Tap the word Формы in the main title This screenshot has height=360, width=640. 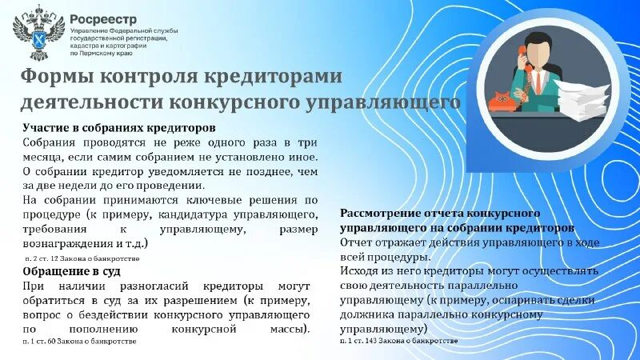tap(54, 77)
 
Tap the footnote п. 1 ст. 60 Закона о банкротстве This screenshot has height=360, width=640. tap(80, 341)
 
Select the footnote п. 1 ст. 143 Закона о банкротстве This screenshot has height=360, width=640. tap(399, 341)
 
